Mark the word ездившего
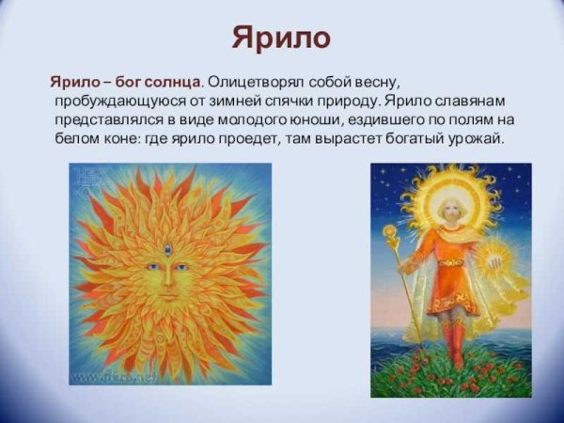point(394,119)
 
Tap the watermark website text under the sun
point(122,376)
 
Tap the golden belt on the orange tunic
point(450,262)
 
